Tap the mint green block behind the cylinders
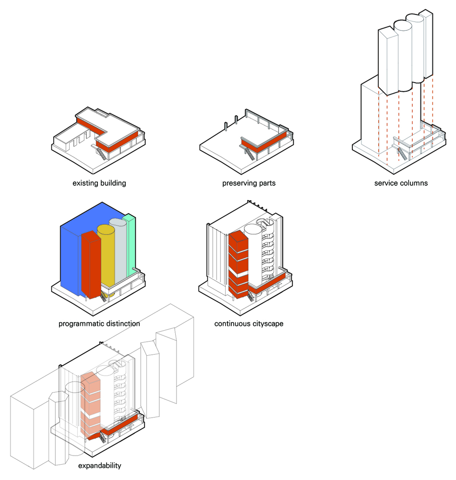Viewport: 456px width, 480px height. click(130, 245)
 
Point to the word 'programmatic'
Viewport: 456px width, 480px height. click(80, 324)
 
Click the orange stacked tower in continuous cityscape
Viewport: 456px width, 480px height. click(238, 264)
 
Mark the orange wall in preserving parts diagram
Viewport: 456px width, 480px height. click(262, 146)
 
